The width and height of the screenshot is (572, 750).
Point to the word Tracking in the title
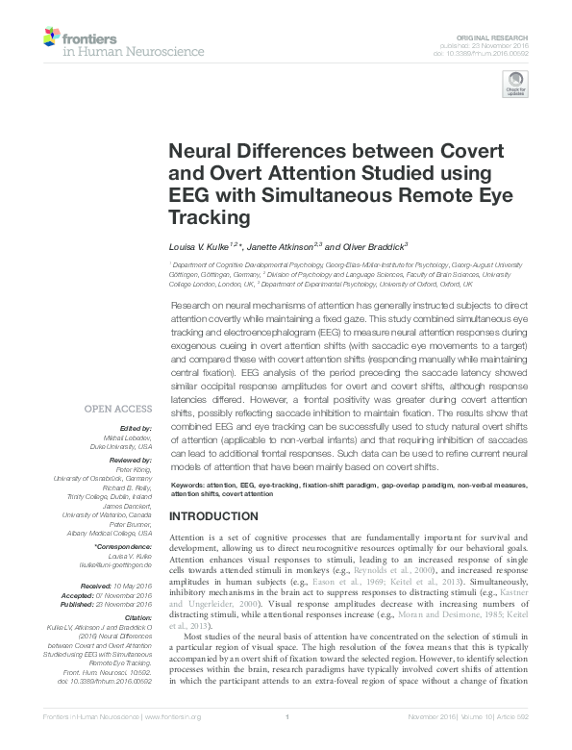point(208,217)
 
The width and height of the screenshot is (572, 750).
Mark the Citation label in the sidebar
point(136,617)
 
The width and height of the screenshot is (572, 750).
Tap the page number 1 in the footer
point(286,742)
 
